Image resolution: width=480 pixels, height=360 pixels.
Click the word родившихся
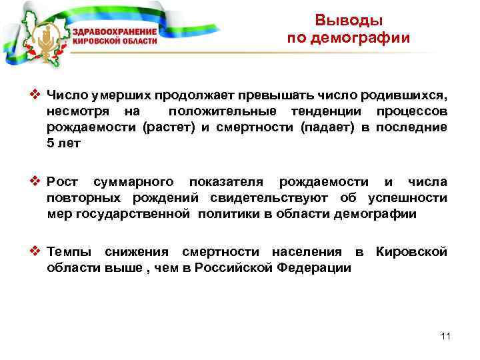[x=405, y=96]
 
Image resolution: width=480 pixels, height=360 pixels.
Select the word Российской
[x=238, y=267]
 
